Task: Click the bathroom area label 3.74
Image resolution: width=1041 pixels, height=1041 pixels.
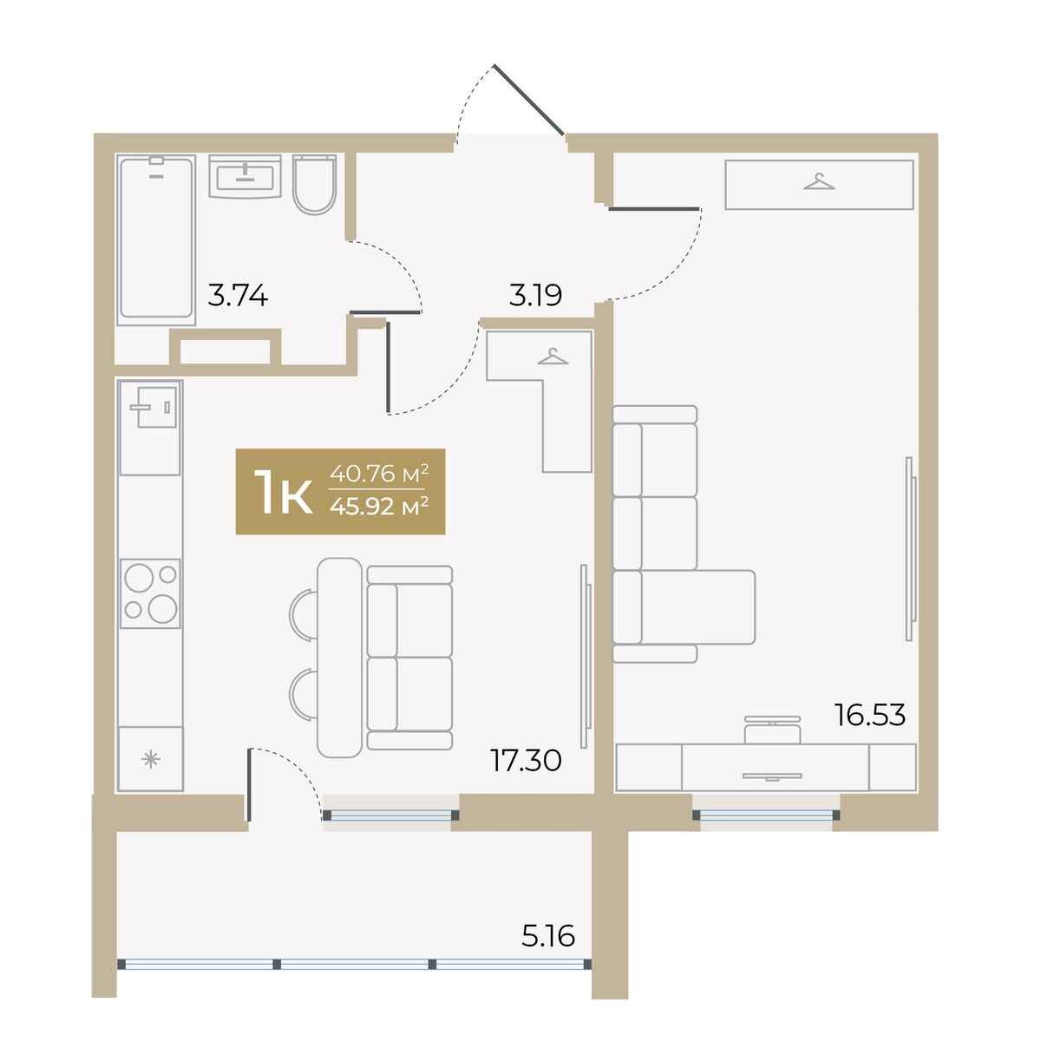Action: tap(238, 296)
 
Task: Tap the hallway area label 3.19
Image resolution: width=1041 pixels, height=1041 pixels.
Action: tap(535, 295)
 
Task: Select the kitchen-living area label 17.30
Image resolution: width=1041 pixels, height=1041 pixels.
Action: tap(526, 761)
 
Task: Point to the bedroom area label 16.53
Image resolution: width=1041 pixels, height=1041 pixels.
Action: tap(870, 715)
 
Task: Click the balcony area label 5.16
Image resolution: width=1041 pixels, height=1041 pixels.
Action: tap(547, 936)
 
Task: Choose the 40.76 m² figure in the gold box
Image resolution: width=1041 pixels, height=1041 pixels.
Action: tap(379, 474)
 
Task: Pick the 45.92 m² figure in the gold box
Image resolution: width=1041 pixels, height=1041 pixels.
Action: tap(379, 507)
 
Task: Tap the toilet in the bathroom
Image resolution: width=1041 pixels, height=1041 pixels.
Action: tap(314, 185)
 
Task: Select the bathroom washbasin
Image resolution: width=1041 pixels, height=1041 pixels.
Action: tap(245, 176)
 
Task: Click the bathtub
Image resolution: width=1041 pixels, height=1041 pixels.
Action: tap(157, 239)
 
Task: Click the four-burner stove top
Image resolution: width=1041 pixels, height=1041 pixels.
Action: tap(150, 593)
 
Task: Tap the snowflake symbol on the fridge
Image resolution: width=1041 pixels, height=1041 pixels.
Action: tap(150, 760)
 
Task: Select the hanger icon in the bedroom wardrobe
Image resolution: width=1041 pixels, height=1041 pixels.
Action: tap(819, 181)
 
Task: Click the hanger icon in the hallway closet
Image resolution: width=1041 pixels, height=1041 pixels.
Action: tap(553, 357)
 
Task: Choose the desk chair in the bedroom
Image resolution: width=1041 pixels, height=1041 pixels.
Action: tap(772, 730)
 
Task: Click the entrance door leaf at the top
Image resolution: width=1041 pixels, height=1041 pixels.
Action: tap(529, 100)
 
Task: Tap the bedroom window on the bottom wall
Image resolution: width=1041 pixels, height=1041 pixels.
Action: tap(766, 815)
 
